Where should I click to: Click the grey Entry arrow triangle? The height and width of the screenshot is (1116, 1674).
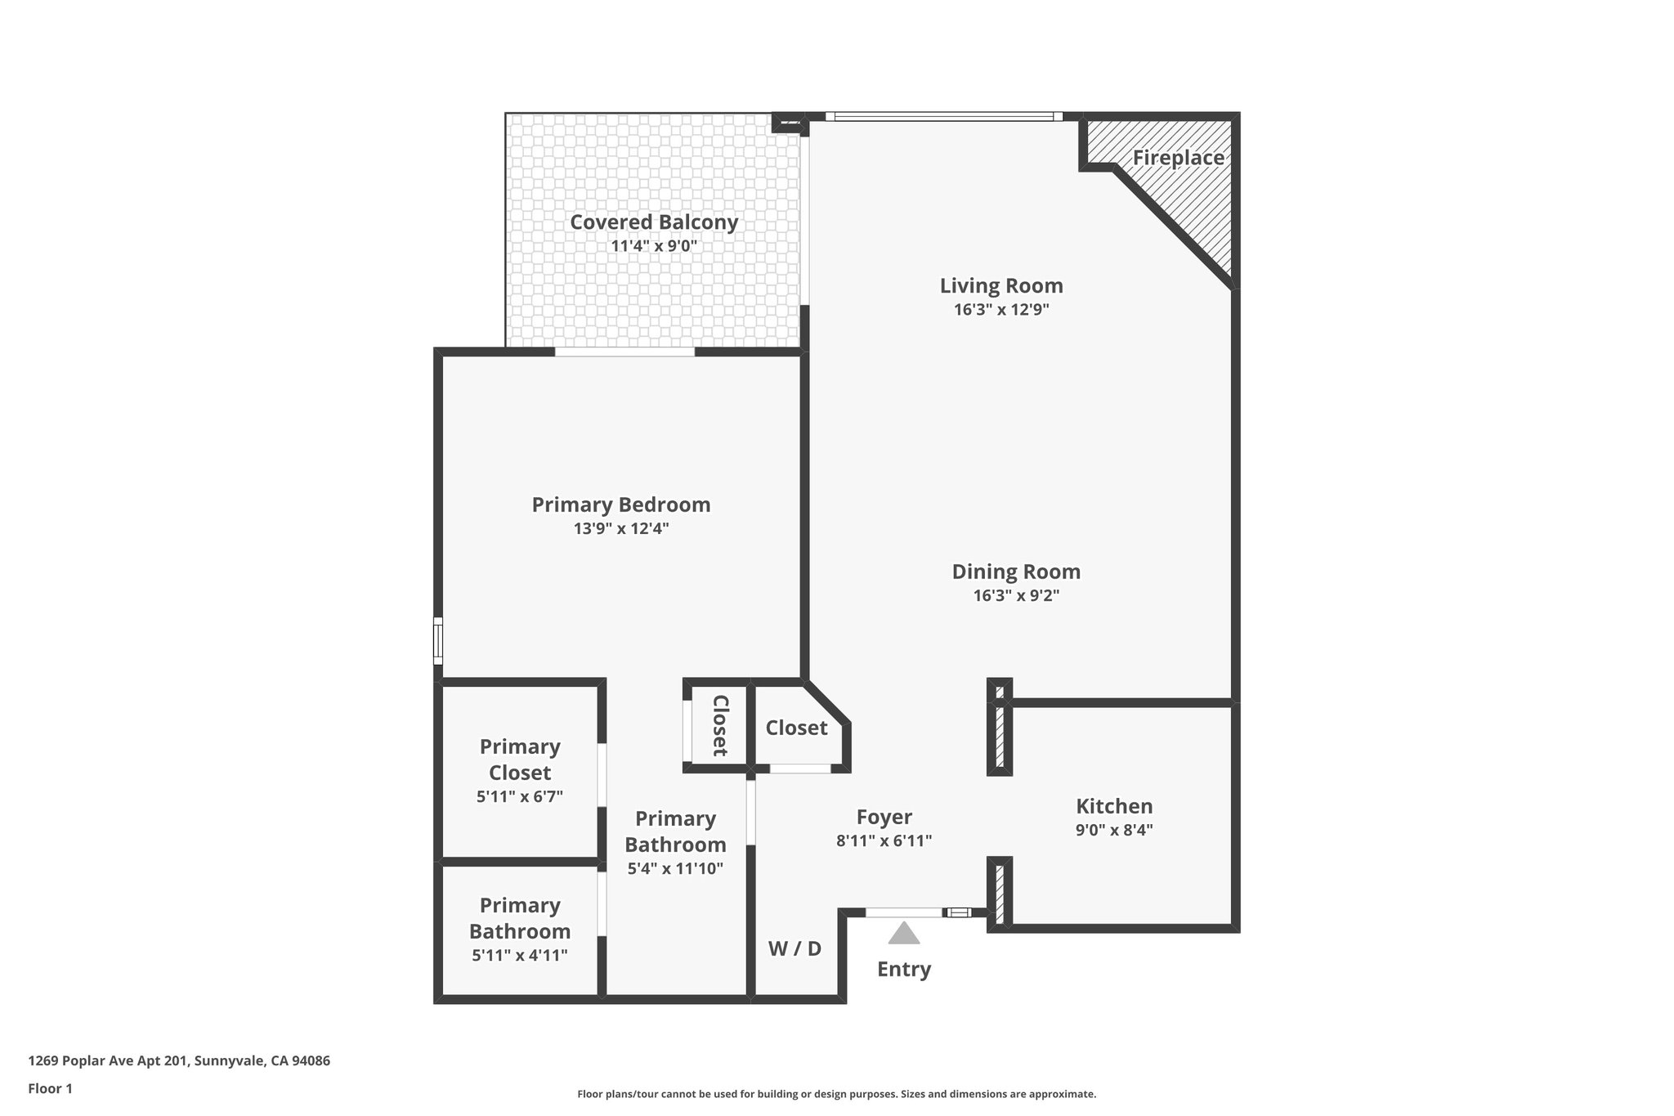[904, 934]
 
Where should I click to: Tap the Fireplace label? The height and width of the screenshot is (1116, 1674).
[1178, 158]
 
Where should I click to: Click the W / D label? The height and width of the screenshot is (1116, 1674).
[794, 948]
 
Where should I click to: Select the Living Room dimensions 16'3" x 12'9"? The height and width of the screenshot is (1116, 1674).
[1001, 310]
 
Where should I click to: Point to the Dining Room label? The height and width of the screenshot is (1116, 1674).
[1016, 571]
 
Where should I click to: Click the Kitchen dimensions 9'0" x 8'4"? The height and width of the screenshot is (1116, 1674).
[1114, 830]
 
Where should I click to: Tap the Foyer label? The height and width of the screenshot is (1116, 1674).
[884, 817]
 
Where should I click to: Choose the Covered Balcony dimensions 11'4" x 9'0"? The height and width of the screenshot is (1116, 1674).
[654, 245]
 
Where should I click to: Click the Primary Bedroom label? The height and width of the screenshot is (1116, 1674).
[621, 504]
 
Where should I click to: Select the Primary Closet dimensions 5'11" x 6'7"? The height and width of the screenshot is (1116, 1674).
[520, 796]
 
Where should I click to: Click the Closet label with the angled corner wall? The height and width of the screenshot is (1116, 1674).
[796, 728]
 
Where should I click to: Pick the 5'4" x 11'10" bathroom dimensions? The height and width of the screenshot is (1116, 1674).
[675, 869]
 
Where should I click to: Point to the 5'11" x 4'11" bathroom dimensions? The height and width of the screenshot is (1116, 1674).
[520, 955]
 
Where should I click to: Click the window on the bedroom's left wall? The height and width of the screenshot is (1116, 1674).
[438, 641]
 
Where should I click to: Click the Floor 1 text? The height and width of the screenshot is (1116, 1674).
[50, 1089]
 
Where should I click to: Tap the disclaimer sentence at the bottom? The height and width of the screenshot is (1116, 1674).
[836, 1094]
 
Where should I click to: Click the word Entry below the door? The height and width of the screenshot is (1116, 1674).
[904, 970]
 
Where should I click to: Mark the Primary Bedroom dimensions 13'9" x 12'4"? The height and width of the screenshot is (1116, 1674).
[621, 529]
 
